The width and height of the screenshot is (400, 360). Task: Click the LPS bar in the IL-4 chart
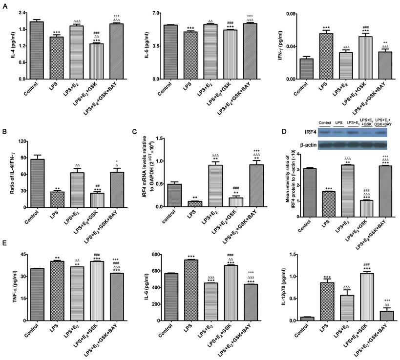[58, 58]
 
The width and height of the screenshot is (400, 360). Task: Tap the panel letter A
[5, 7]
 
